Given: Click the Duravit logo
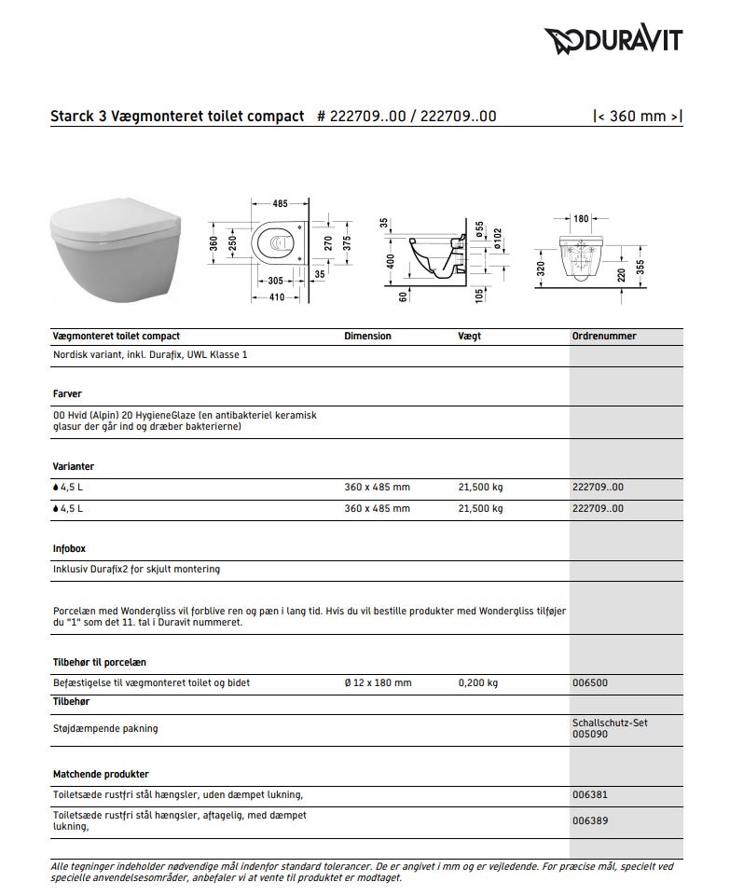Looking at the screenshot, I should click(x=613, y=39).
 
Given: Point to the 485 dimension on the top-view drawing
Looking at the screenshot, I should click(x=280, y=202).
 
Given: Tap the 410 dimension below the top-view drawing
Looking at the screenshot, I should click(x=277, y=297).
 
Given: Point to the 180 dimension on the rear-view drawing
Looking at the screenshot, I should click(x=581, y=218).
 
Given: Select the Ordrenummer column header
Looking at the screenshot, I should click(x=604, y=337).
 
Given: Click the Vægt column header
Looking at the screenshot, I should click(x=469, y=337).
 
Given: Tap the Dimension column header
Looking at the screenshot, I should click(x=367, y=337).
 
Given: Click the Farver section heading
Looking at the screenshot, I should click(x=67, y=393).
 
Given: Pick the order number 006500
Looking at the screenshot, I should click(x=589, y=682).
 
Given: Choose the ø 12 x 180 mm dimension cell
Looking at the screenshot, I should click(x=377, y=682).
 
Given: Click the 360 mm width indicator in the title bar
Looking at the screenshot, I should click(x=638, y=117).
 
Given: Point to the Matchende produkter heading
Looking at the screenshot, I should click(x=101, y=774).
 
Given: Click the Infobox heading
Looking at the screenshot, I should click(x=69, y=549).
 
